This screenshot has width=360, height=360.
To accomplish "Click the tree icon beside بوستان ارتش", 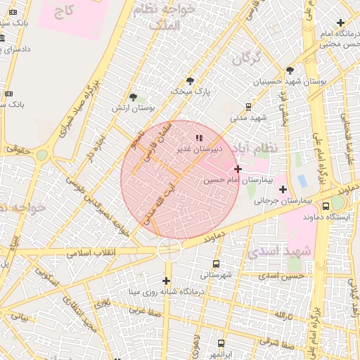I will [134, 97].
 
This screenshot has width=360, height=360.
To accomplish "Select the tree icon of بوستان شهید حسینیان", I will [290, 70].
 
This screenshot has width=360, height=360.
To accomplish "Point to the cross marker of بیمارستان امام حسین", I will [238, 169].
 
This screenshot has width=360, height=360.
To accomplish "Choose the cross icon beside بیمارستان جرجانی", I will [283, 189].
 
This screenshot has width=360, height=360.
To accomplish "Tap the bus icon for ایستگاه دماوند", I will [325, 206].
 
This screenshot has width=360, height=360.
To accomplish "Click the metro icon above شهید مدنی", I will [249, 106].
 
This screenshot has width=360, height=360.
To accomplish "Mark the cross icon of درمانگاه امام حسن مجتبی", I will [341, 23].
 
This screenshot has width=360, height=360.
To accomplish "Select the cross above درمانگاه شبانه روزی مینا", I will [167, 281].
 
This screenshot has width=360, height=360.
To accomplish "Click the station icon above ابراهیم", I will [221, 344].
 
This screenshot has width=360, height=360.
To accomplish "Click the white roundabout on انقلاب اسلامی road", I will [169, 249].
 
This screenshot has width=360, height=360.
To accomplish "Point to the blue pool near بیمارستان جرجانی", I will [302, 180].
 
